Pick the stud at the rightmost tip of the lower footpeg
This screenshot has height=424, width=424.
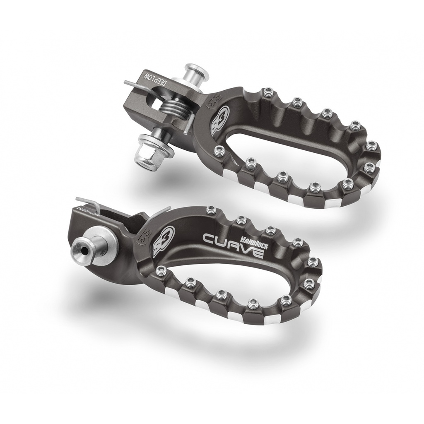click(x=313, y=262)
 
